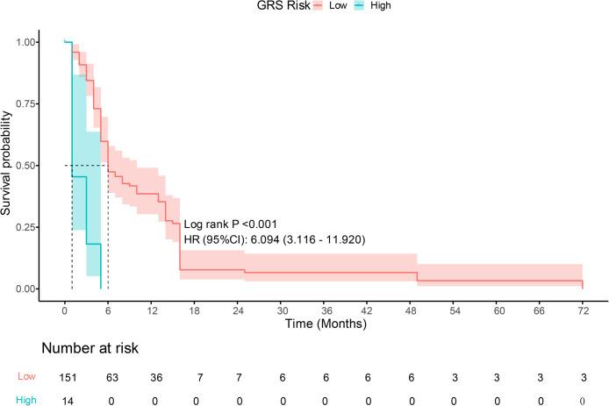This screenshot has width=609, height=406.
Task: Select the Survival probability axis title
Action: (8, 165)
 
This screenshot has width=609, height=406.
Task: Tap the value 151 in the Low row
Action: (65, 376)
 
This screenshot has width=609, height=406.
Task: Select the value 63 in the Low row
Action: (108, 376)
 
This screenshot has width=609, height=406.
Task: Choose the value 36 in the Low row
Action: (151, 376)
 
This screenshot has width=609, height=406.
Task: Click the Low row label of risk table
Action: (27, 376)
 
